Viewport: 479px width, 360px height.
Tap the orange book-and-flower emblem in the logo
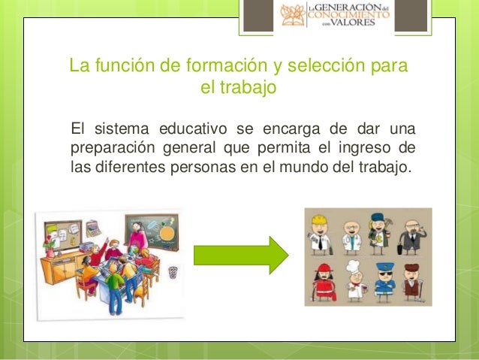click(294, 16)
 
